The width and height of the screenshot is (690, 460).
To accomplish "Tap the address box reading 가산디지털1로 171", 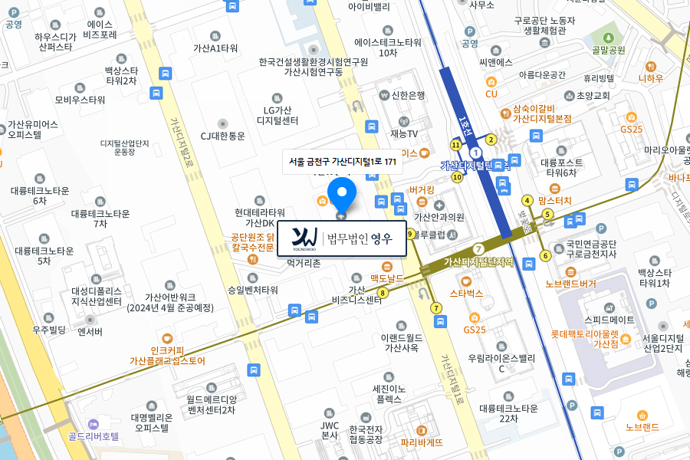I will [343, 162].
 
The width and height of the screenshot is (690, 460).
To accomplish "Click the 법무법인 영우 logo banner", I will [341, 238].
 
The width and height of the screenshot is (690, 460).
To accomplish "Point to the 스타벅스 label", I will [466, 293].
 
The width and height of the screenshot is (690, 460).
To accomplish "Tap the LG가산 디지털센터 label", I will [278, 114].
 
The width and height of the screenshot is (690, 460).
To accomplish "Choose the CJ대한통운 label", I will [223, 136].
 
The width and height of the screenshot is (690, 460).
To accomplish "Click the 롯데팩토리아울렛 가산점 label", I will [585, 339].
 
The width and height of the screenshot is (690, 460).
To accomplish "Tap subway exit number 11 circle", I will [456, 145].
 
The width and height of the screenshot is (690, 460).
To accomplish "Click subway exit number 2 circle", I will [491, 140].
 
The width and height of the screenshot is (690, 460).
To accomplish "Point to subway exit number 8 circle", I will [382, 291].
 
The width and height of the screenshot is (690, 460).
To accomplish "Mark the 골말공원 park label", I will [609, 50].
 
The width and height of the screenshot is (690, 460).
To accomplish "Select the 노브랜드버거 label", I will [570, 284].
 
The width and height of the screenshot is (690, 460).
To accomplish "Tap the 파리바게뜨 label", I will [422, 442].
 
